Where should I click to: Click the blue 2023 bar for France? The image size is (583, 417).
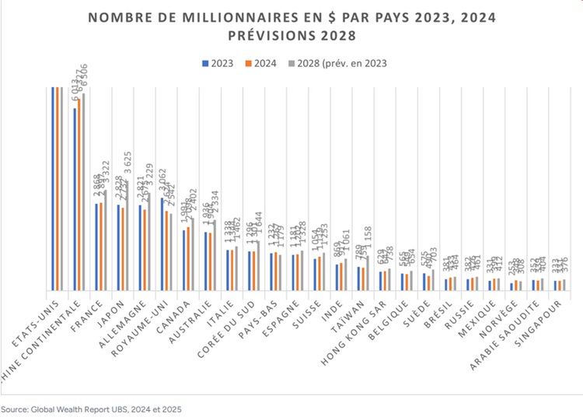pyautogui.click(x=97, y=247)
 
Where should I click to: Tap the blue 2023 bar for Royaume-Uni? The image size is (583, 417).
pyautogui.click(x=162, y=244)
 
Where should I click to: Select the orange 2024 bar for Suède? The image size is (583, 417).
pyautogui.click(x=429, y=283)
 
